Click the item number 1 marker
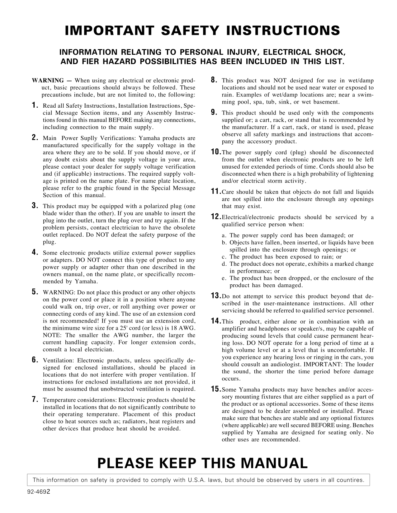coord(35,105)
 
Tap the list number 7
coord(35,399)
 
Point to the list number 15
coord(215,389)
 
